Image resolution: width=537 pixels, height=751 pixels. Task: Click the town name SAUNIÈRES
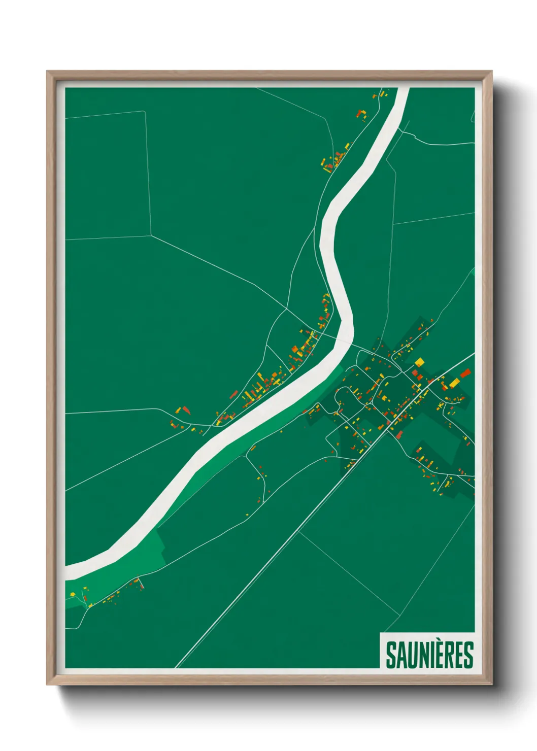(x=429, y=655)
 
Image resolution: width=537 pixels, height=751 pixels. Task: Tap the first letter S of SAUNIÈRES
(x=391, y=656)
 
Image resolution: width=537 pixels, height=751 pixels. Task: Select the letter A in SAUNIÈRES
(x=401, y=656)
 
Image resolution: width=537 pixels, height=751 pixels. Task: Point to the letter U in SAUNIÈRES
(x=412, y=656)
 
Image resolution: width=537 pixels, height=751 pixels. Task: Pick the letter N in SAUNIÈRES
(x=424, y=656)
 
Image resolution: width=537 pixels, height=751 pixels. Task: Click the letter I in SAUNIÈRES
(x=432, y=656)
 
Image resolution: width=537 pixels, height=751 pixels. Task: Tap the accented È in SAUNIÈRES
(x=440, y=655)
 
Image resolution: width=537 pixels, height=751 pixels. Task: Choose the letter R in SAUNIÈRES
(x=450, y=656)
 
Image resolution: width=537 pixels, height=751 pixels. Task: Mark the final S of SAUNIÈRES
(x=469, y=656)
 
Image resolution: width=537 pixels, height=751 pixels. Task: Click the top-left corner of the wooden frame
(x=48, y=73)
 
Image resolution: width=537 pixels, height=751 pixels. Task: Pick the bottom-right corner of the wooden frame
(x=491, y=683)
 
